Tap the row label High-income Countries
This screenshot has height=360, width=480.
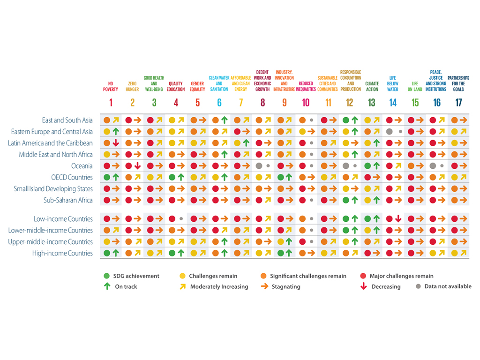click(62, 253)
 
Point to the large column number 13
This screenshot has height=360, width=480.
click(372, 103)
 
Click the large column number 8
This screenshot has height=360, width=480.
click(262, 103)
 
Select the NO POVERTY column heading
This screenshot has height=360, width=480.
click(111, 86)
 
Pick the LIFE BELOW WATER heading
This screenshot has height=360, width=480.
click(393, 83)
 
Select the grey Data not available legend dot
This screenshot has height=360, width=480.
click(418, 286)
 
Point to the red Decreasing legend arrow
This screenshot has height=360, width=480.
click(363, 286)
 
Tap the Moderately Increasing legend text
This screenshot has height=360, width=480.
click(219, 286)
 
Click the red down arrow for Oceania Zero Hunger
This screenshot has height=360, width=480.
click(137, 166)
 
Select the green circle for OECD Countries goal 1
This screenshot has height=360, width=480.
click(107, 177)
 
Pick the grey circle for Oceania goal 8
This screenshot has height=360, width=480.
click(259, 166)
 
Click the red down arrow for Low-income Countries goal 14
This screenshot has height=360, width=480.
click(398, 219)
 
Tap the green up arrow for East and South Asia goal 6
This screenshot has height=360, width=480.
click(225, 120)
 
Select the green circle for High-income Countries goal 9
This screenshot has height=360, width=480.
click(280, 253)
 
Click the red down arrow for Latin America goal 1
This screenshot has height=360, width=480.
click(115, 143)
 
